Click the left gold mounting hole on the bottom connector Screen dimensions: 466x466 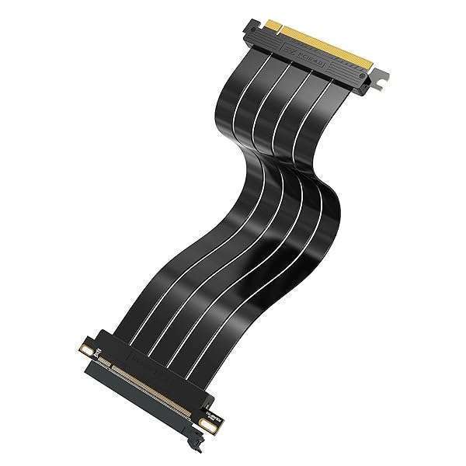point(100,342)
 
